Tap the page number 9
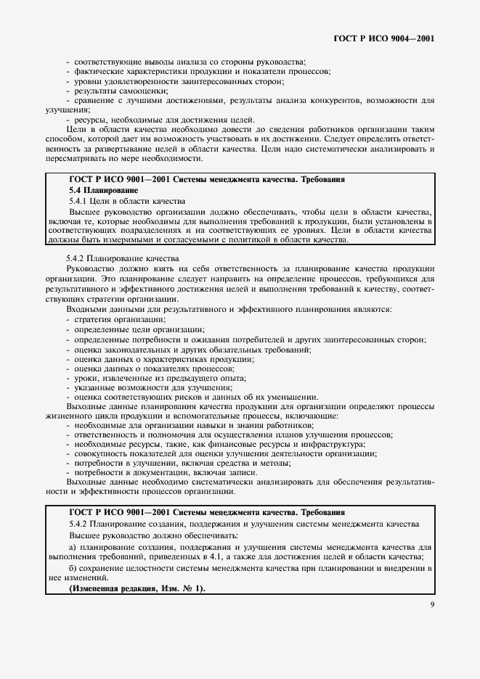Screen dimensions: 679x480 click(431, 600)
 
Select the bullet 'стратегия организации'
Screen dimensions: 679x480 click(116, 319)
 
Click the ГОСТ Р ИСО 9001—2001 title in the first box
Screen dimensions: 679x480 click(205, 178)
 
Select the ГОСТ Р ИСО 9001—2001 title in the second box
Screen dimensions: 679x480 click(205, 512)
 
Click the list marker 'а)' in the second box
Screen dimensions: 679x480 click(73, 546)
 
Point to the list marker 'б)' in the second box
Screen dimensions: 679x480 click(73, 567)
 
